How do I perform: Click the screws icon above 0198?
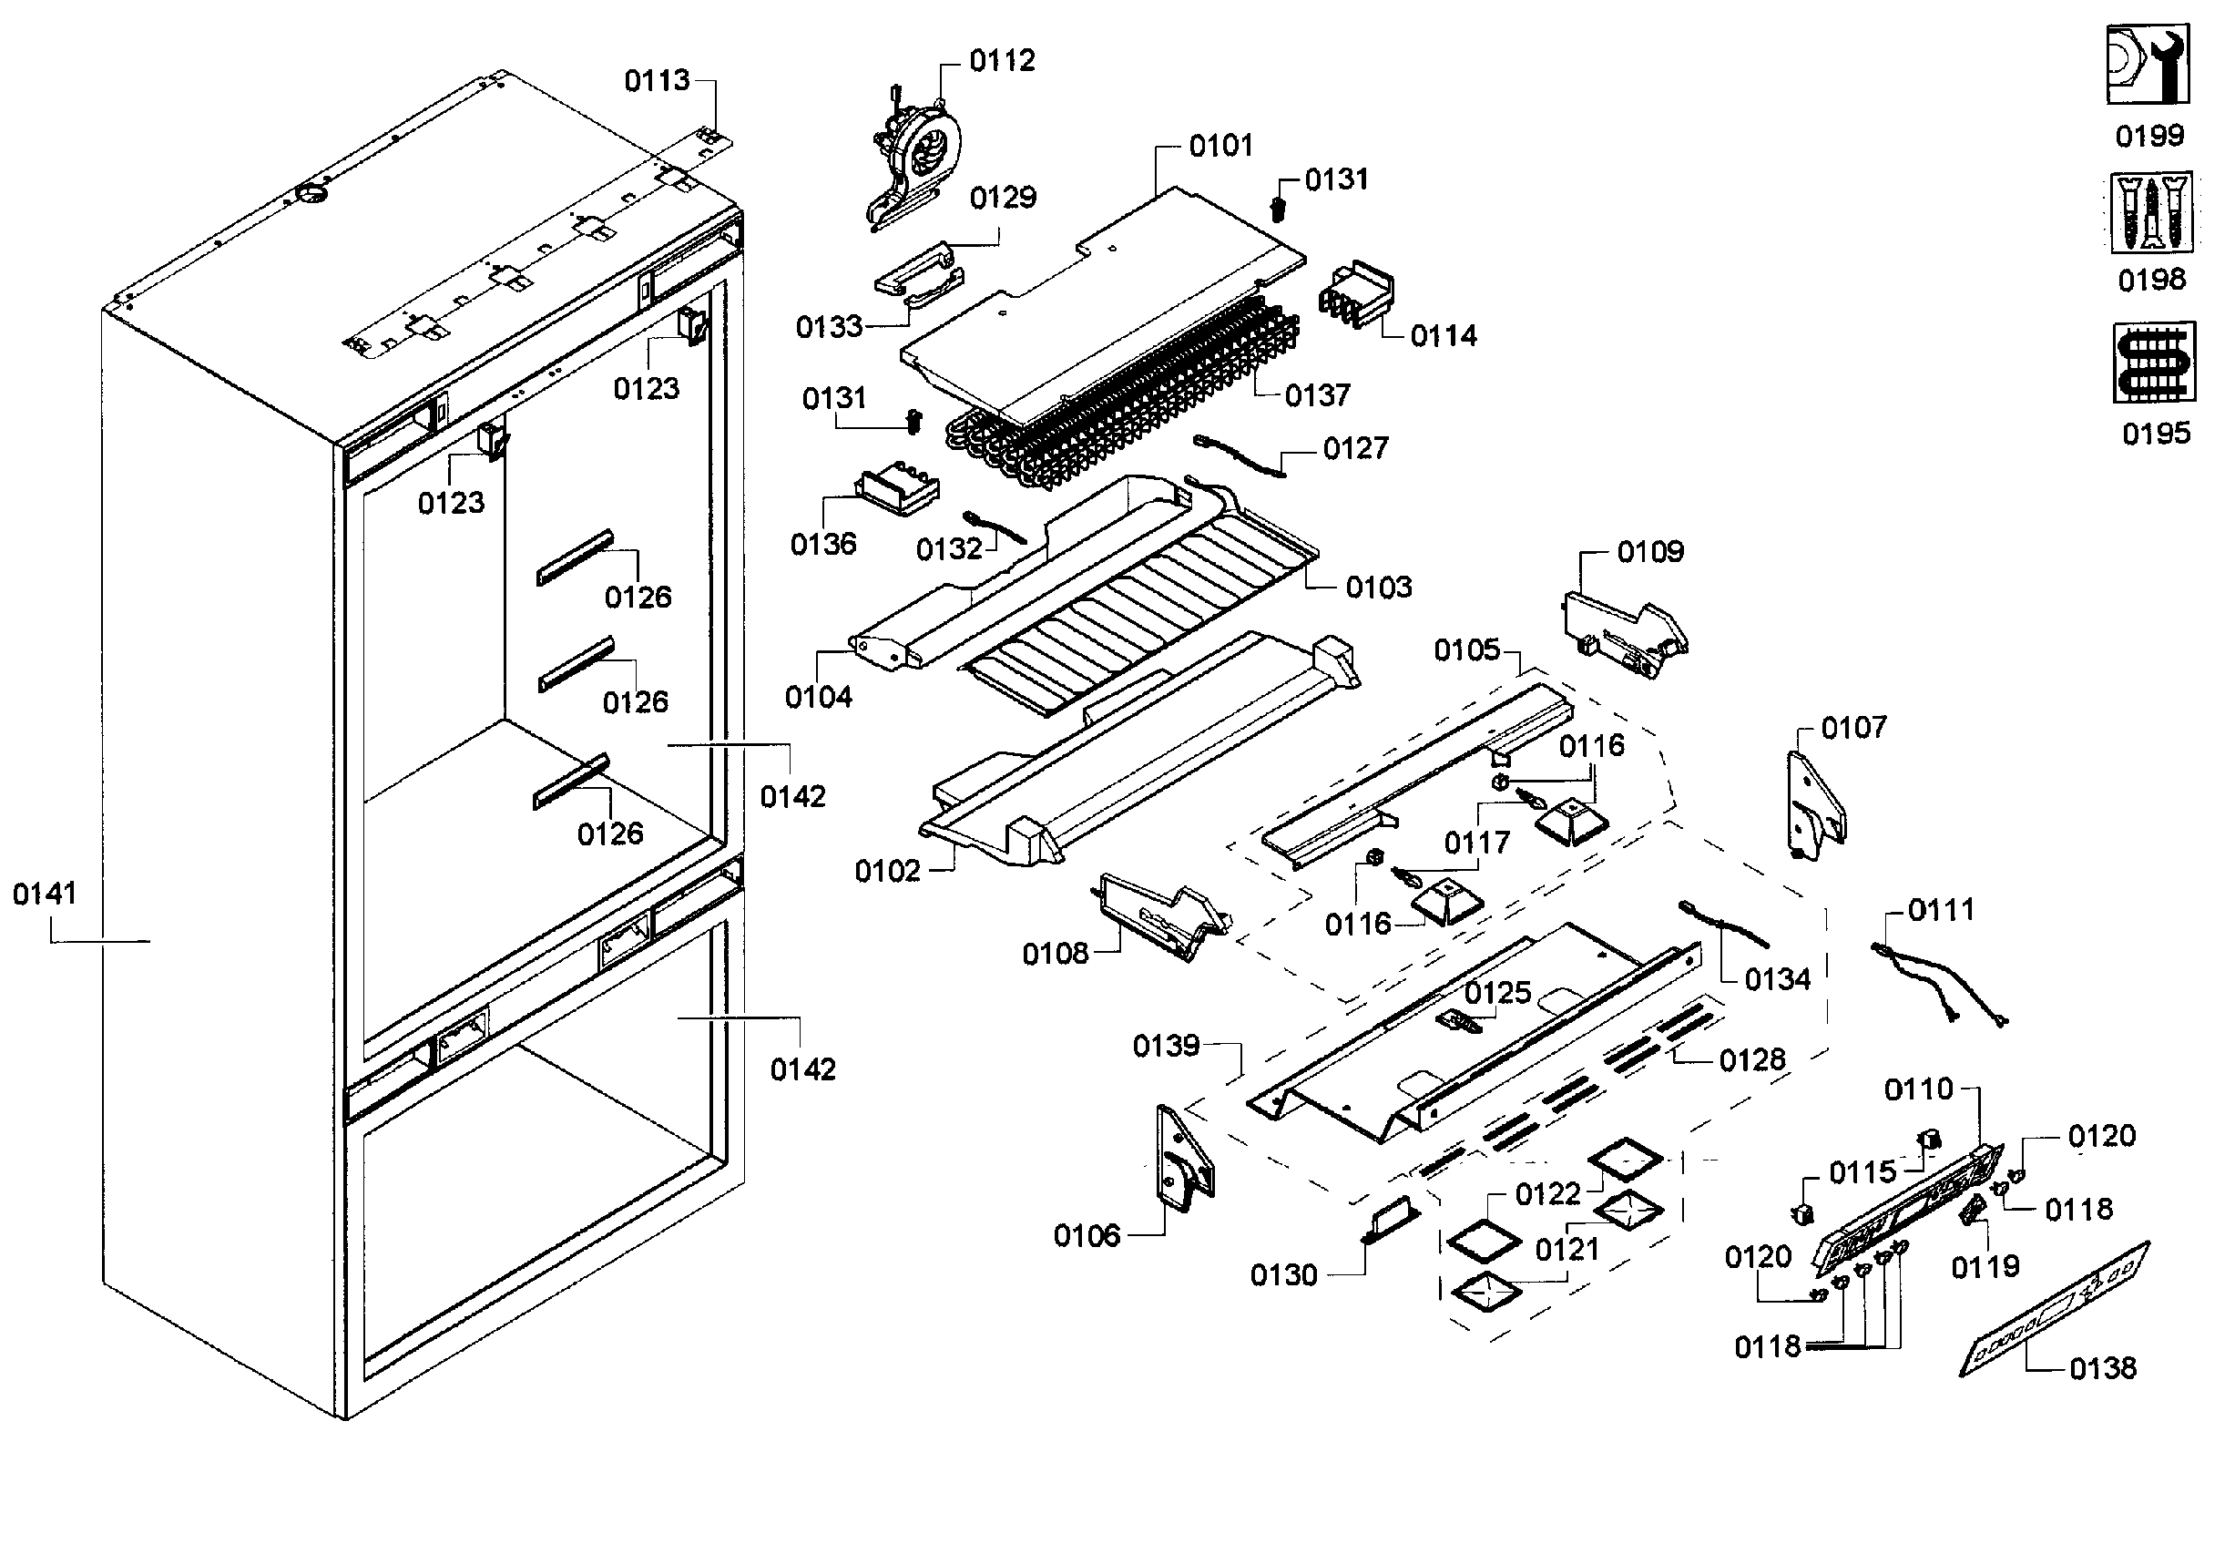[2151, 214]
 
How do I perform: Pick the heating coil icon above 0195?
[2154, 363]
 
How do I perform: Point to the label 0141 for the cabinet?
[45, 894]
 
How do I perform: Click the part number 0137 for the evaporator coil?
[1316, 395]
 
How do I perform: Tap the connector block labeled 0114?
[1356, 294]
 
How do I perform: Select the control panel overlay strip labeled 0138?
[2055, 1308]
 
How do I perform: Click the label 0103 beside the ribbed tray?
[1378, 588]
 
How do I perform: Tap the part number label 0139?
[1166, 1046]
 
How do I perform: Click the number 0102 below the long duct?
[887, 872]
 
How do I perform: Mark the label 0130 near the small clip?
[1283, 1275]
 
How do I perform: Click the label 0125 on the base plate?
[1497, 993]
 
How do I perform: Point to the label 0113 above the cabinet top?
[657, 80]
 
